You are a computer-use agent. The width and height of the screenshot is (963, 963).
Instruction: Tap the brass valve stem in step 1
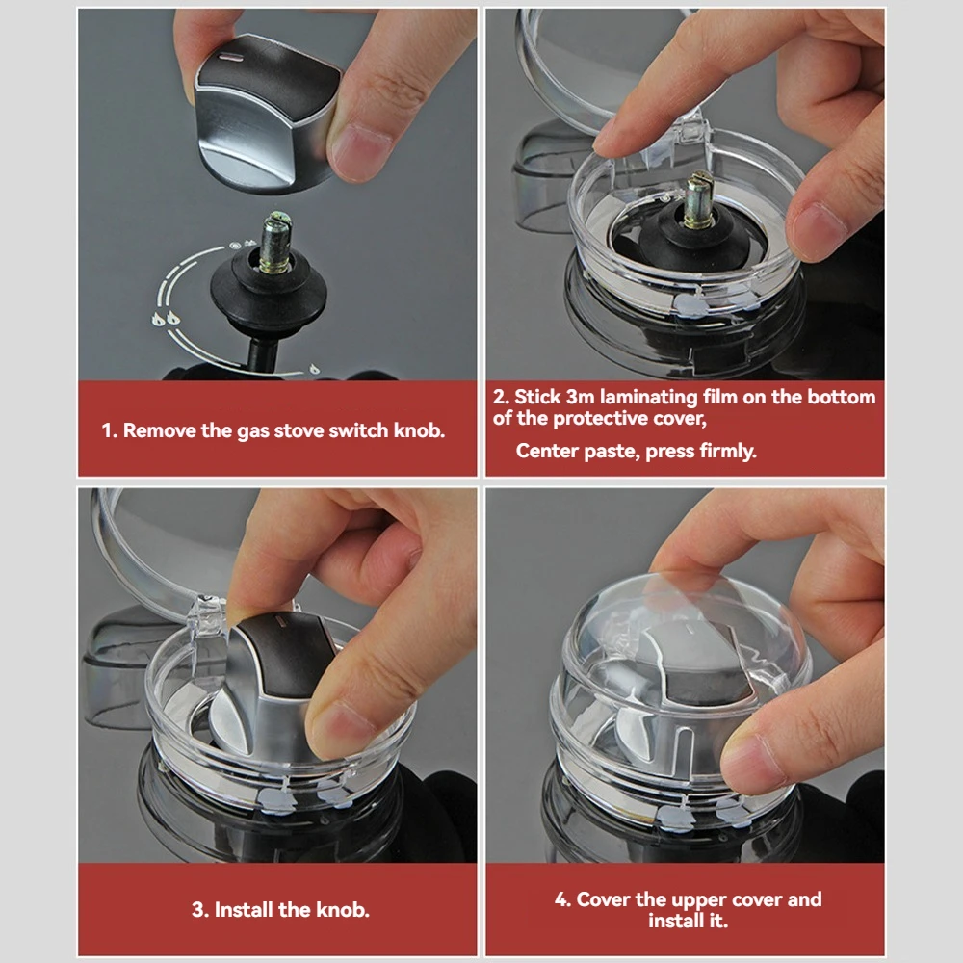pyautogui.click(x=273, y=243)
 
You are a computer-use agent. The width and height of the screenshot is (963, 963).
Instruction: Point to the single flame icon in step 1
pyautogui.click(x=314, y=369)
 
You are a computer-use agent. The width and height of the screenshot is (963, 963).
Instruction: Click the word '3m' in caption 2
pyautogui.click(x=580, y=398)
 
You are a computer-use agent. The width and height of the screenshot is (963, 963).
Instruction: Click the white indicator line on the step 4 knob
pyautogui.click(x=690, y=629)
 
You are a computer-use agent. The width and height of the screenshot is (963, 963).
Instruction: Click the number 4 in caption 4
pyautogui.click(x=560, y=899)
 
